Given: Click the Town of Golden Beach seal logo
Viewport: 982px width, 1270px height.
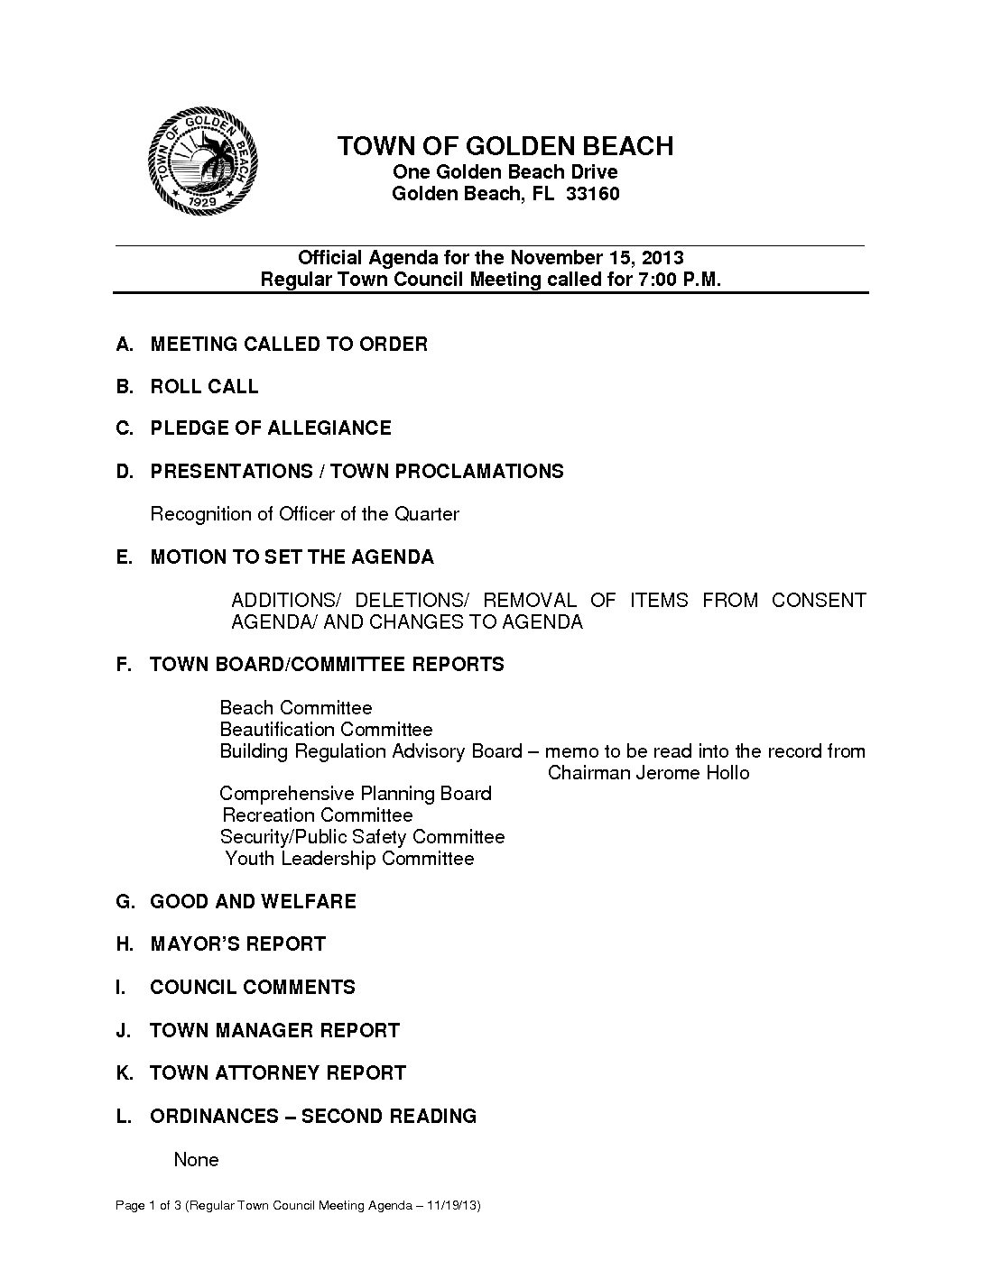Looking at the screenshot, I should tap(203, 163).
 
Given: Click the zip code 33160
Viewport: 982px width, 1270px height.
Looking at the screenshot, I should tap(592, 194).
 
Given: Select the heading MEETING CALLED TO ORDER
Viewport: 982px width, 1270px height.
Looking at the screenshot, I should tap(289, 344).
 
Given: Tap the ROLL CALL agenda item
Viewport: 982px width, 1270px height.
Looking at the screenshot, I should tap(204, 387).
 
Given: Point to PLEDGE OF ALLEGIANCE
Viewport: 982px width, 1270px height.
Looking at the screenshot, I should tap(271, 428).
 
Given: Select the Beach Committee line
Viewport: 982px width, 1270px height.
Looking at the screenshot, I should tap(296, 708).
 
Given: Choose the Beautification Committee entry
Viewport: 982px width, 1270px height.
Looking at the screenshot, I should tap(326, 730).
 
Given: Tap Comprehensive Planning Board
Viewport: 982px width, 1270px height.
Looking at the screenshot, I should tap(356, 794).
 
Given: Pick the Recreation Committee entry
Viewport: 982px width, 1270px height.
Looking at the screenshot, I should tap(317, 815).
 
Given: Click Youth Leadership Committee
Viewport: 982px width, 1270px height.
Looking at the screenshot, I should tap(349, 859).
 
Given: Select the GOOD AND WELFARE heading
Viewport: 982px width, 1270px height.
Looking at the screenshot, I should tap(253, 901).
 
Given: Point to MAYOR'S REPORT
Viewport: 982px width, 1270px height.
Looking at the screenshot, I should tap(237, 944).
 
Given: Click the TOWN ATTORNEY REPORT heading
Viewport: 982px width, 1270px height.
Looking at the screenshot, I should tap(278, 1073).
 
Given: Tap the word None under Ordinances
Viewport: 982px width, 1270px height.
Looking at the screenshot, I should tap(196, 1160).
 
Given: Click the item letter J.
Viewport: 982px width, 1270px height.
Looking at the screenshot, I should tap(123, 1030).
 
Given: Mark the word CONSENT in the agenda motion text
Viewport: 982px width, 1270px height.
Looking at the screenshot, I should tap(819, 601).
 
